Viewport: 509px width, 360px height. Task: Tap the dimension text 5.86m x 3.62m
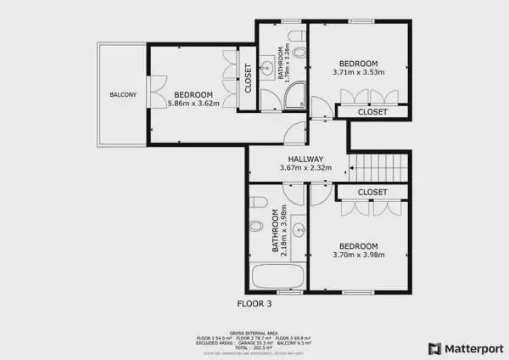tap(194, 104)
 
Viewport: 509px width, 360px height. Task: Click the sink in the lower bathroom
tap(298, 229)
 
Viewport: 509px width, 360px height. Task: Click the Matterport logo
tap(466, 348)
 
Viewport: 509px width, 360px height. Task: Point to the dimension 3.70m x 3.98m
tap(359, 254)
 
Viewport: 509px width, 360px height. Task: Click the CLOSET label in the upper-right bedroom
tap(372, 111)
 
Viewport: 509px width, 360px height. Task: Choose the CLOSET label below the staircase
tap(372, 193)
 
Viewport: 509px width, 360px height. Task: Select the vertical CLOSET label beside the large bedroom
tap(248, 78)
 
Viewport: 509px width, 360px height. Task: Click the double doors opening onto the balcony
tap(155, 93)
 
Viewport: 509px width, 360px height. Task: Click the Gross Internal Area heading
tap(255, 333)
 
